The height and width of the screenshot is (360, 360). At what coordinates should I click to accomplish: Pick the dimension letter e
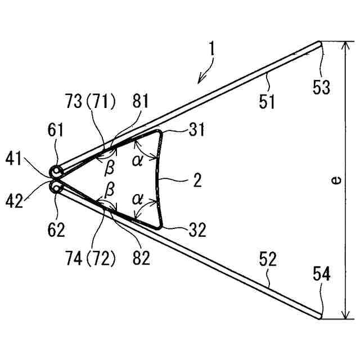point(335,181)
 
